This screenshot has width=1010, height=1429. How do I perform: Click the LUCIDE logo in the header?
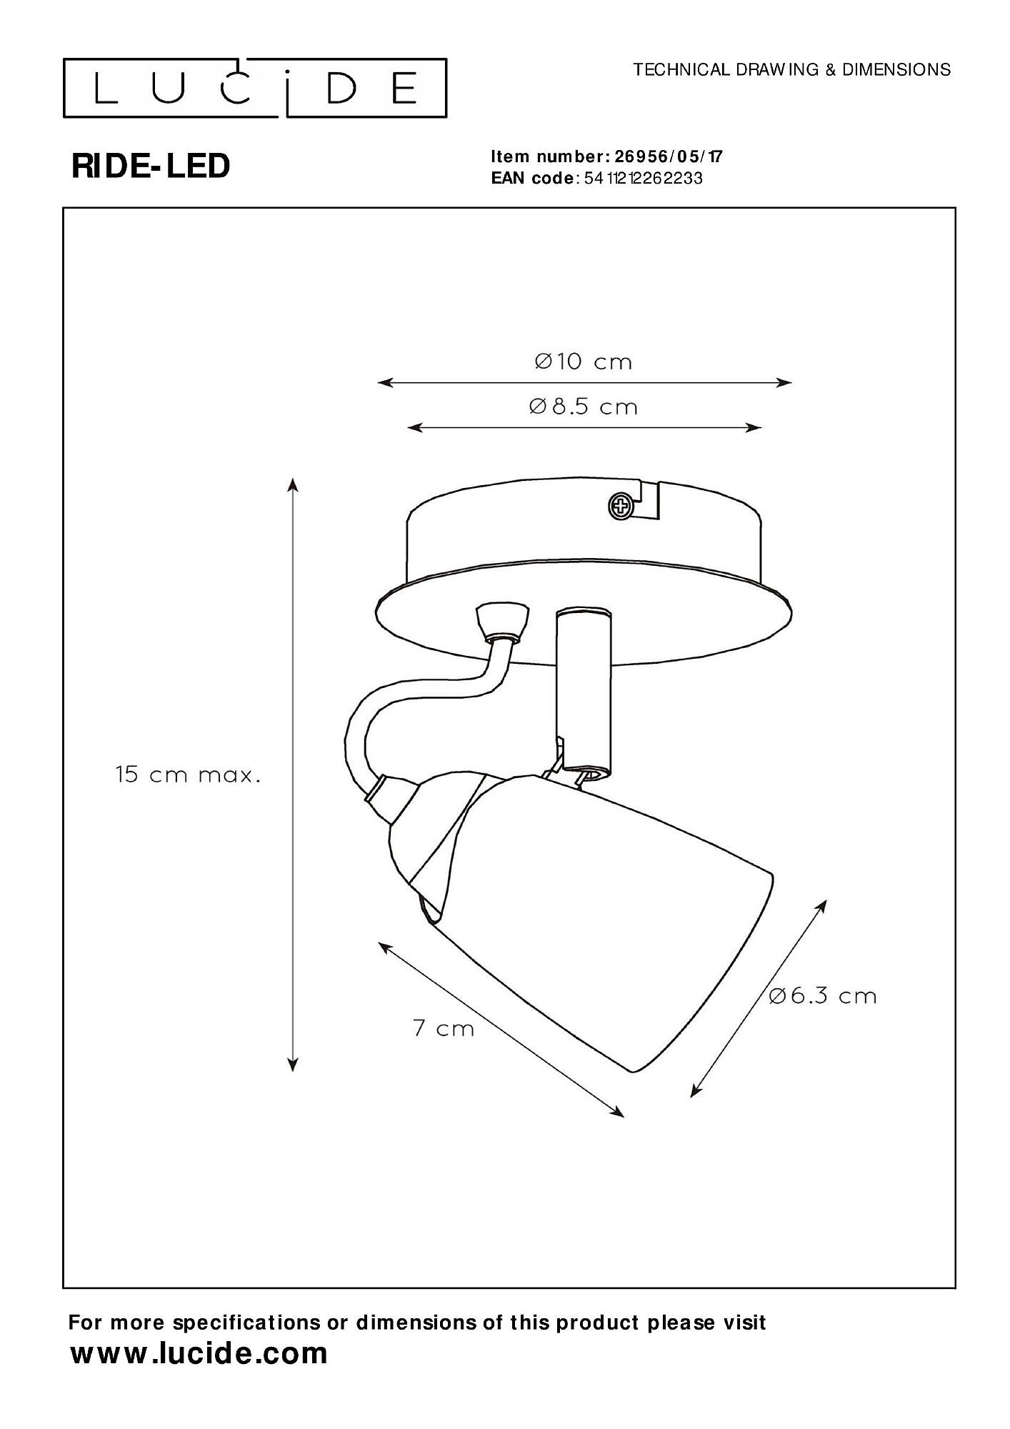(255, 89)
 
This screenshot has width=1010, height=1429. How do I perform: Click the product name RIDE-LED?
(151, 166)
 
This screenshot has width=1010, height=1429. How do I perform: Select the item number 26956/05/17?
(669, 157)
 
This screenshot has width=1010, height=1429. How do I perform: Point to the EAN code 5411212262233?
(643, 179)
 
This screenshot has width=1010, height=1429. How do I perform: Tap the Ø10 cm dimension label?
(584, 362)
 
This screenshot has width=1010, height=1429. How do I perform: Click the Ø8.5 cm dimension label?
(584, 407)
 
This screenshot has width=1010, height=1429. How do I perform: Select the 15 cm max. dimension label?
(188, 775)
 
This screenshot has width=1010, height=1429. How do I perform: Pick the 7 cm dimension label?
(444, 1028)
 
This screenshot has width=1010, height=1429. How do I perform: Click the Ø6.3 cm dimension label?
(823, 996)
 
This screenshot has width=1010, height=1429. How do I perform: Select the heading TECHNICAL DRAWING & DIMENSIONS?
(792, 69)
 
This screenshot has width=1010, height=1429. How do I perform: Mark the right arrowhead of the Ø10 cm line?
(787, 382)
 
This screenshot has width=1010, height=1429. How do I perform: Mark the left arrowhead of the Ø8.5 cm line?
(412, 428)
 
